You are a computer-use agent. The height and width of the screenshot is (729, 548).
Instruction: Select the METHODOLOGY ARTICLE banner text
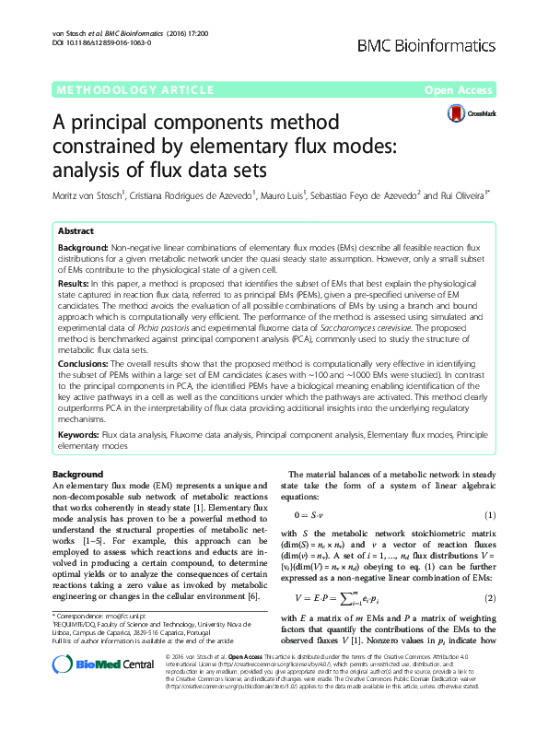click(117, 90)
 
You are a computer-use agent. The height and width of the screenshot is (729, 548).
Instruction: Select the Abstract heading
click(75, 232)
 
